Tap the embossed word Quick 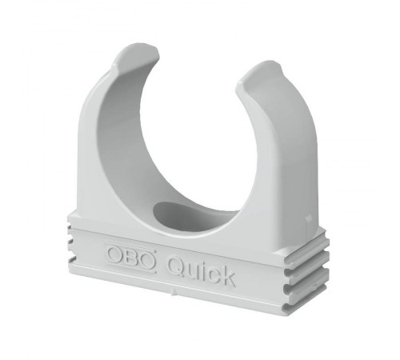coord(202,270)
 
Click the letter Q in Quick coord(177,266)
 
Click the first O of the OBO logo coord(115,254)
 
